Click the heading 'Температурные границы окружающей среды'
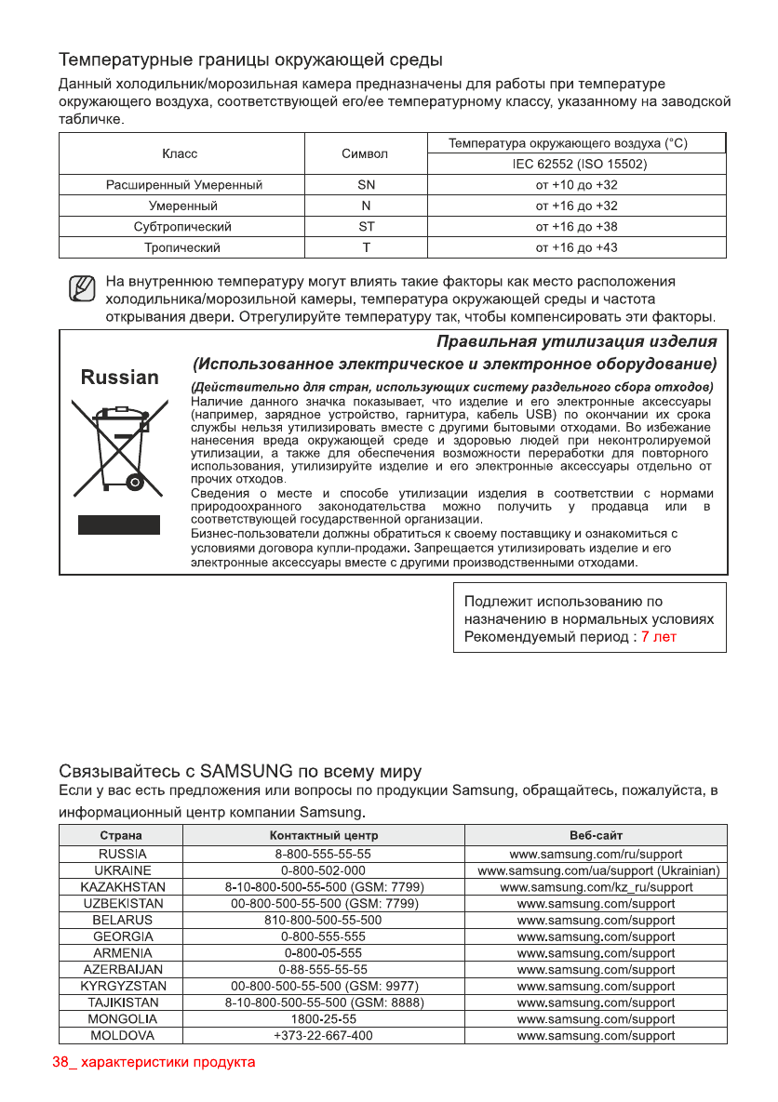[x=250, y=61]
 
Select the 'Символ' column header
[x=365, y=153]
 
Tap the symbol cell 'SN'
[x=366, y=185]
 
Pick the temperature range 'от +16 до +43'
[x=576, y=248]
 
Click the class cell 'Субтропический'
[x=182, y=227]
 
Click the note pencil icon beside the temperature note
[x=83, y=289]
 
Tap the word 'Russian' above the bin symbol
[x=120, y=378]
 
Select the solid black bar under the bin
[x=118, y=524]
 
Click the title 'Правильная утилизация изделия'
[x=577, y=341]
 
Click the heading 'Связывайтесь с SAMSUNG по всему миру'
[x=240, y=772]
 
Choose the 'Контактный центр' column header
[x=323, y=836]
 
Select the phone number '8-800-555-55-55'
[x=323, y=854]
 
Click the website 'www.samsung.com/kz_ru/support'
[x=596, y=887]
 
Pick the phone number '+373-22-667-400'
[x=323, y=1035]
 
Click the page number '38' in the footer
[x=60, y=1062]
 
